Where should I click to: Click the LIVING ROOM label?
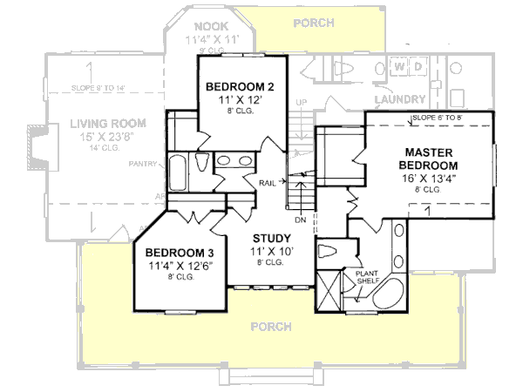click(107, 123)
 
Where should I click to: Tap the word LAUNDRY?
click(401, 99)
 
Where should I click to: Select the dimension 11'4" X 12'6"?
click(174, 265)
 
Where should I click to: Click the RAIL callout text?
click(268, 182)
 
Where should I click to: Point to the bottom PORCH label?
click(269, 327)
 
